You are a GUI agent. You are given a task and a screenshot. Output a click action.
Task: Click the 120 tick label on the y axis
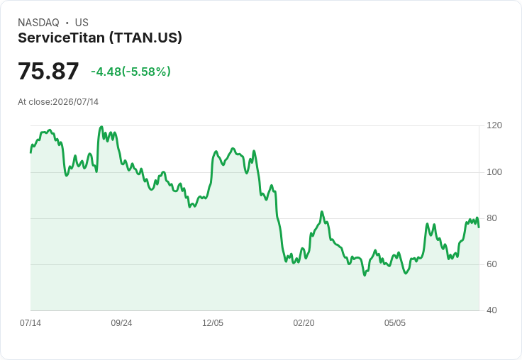coord(494,125)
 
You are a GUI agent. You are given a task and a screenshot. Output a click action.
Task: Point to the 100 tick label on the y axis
coord(494,172)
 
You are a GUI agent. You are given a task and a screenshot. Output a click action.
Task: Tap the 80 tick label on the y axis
coord(492,218)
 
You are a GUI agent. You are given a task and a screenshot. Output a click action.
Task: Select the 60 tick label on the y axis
coord(492,264)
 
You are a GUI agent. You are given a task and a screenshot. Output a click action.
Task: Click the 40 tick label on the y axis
coord(492,310)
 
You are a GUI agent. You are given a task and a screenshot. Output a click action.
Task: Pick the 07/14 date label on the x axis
coord(30,323)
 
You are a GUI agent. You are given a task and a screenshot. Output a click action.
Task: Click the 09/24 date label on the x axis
coord(121,323)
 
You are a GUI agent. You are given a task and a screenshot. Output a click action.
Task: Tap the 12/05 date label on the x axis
coord(213,323)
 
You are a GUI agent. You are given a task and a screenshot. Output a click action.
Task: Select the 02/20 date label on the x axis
coord(304,323)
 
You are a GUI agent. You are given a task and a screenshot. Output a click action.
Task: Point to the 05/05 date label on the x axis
coord(395,323)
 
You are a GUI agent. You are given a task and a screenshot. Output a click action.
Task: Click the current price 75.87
coord(48,71)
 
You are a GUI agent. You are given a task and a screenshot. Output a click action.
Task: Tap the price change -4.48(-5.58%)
coord(130,72)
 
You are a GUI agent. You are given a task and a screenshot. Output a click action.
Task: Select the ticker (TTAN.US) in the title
coord(146,38)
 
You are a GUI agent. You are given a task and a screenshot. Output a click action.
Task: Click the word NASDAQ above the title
coord(38,23)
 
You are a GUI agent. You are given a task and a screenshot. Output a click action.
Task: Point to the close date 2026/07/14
coord(76,102)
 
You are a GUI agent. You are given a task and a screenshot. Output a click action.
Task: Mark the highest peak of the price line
coord(101,127)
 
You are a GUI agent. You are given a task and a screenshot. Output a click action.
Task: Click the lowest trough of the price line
coord(365,275)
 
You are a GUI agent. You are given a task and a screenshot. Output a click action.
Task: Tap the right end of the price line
coord(479,227)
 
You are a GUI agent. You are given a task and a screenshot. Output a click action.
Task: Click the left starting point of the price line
coord(30,152)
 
